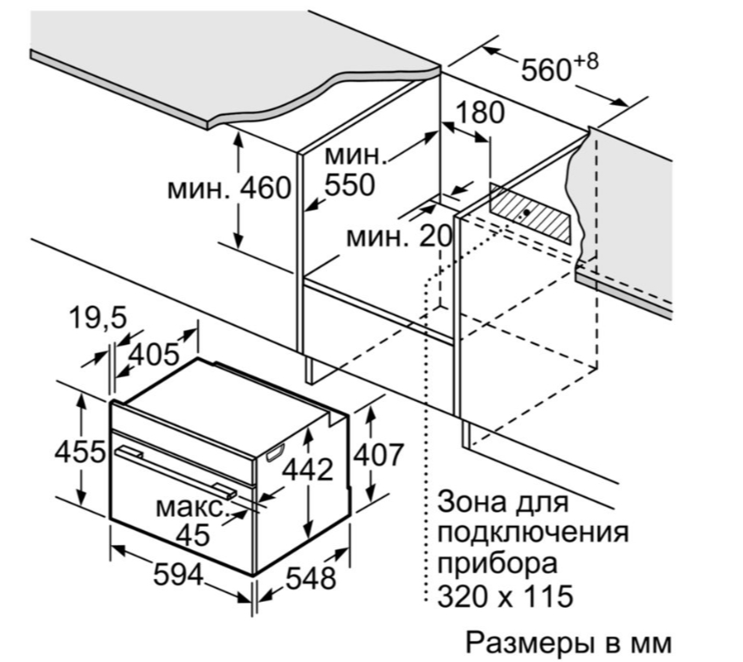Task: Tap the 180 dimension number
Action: point(479,113)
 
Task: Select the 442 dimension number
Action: point(308,470)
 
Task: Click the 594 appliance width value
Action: point(178,575)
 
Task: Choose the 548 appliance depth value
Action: point(311,577)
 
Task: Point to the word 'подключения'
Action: point(532,534)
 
